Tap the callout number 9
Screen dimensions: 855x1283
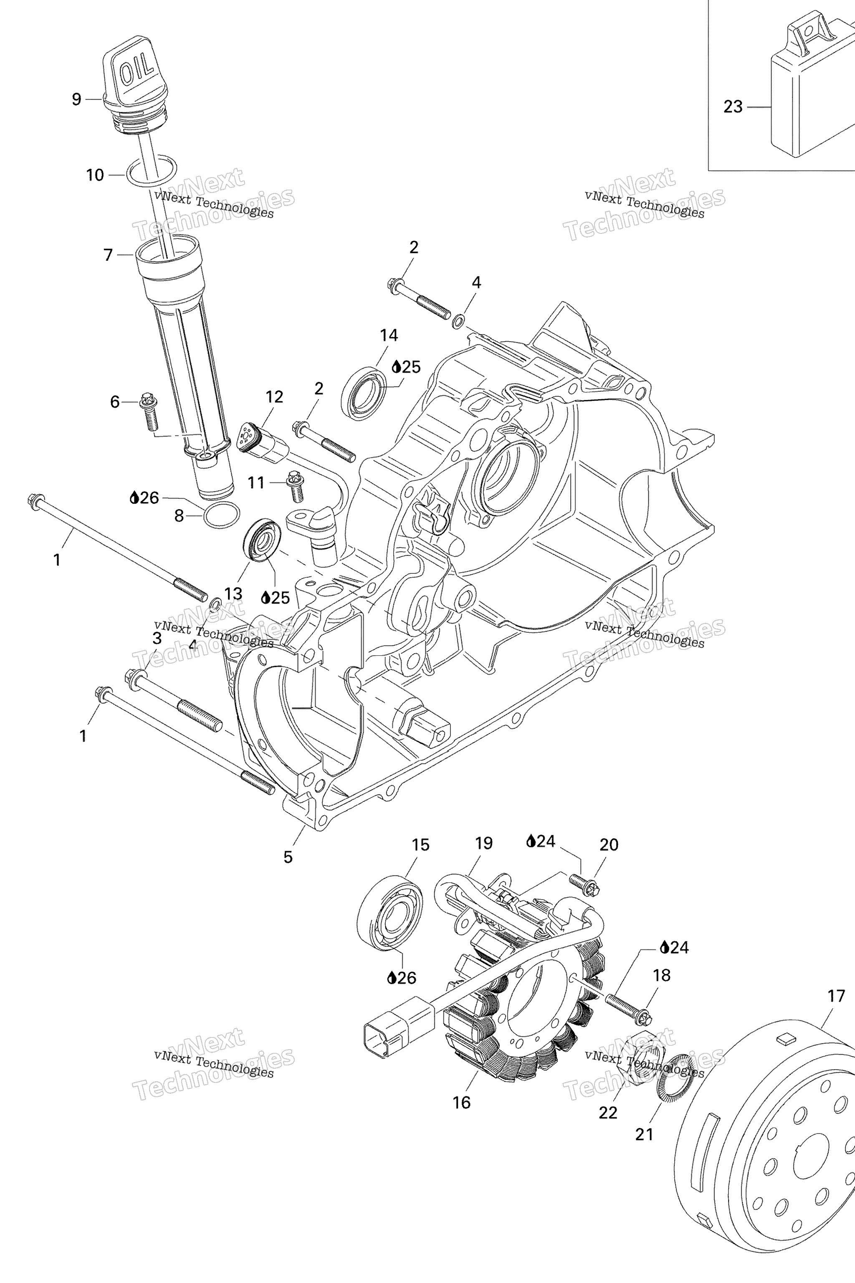(x=76, y=99)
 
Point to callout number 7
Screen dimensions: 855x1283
(x=108, y=255)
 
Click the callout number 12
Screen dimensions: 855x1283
(x=274, y=397)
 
